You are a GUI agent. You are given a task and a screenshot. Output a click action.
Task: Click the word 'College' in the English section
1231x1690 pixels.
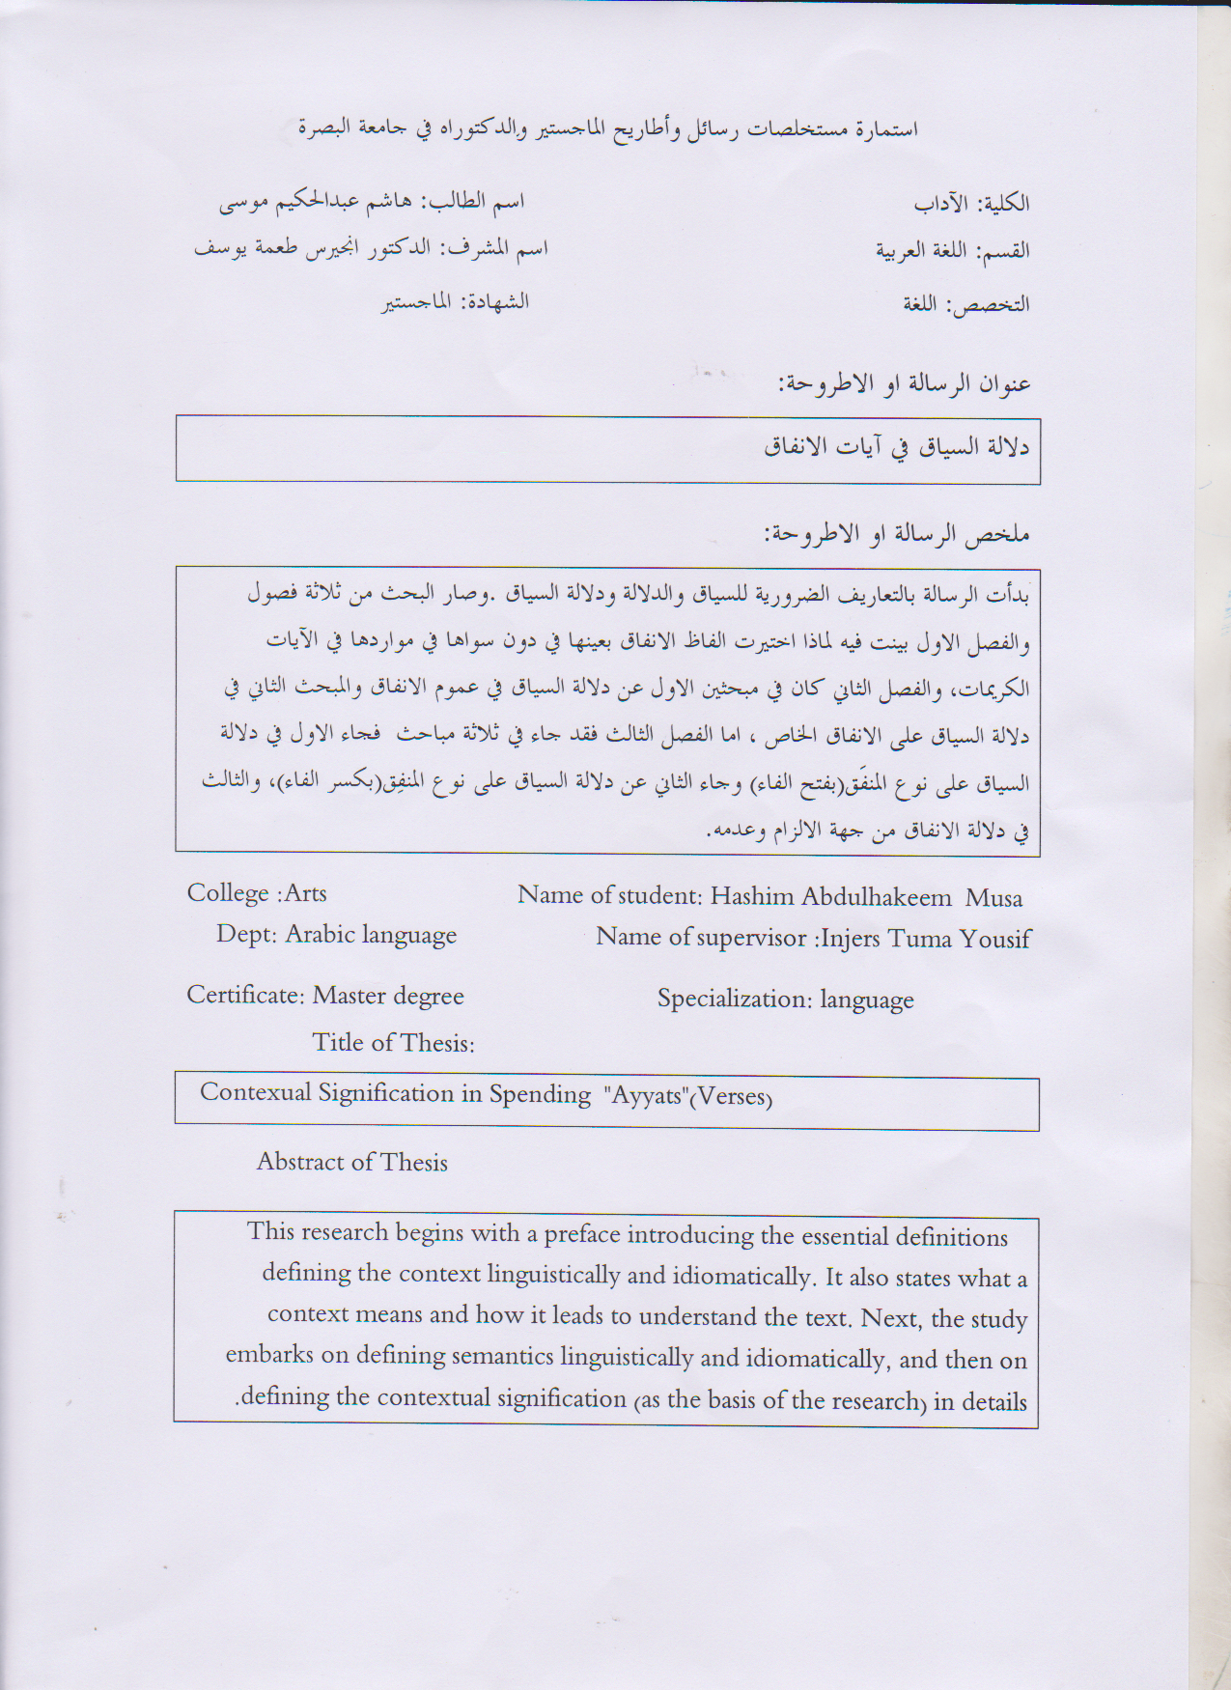[x=228, y=893]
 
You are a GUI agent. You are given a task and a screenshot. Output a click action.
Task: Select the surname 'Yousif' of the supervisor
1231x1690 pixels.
[x=994, y=939]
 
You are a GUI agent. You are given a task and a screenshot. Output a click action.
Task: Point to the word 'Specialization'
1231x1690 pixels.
[x=734, y=1000]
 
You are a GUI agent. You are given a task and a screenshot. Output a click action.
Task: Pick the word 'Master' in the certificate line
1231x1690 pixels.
[x=348, y=996]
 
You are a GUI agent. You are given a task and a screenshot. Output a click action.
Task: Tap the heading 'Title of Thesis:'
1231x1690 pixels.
[x=393, y=1043]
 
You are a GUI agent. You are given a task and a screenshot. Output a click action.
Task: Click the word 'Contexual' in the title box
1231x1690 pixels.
[x=255, y=1092]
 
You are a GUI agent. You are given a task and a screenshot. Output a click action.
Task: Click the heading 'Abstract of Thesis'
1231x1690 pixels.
[x=352, y=1162]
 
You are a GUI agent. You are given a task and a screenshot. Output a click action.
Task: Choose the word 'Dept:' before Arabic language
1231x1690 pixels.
[x=246, y=935]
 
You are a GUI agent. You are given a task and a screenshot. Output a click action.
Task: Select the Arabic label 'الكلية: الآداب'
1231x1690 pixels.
[x=971, y=204]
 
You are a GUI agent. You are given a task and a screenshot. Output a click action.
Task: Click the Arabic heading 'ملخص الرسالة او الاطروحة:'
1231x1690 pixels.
[x=897, y=534]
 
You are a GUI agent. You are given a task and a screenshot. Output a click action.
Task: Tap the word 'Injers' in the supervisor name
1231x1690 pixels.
[x=850, y=939]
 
